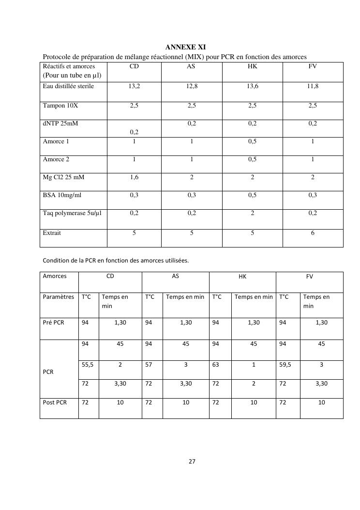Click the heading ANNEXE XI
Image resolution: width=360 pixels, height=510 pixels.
pyautogui.click(x=185, y=47)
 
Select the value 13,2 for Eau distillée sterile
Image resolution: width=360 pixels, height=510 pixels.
pyautogui.click(x=134, y=87)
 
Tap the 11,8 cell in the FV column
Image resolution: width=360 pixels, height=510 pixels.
pyautogui.click(x=313, y=87)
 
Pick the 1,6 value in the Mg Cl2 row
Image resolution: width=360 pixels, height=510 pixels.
pyautogui.click(x=134, y=177)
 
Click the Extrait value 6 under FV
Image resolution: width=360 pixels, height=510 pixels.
pyautogui.click(x=313, y=233)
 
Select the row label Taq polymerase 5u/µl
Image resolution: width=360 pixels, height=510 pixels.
pyautogui.click(x=73, y=213)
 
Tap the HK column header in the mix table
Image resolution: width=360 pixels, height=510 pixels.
pyautogui.click(x=252, y=66)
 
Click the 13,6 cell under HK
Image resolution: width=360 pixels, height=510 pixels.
pyautogui.click(x=252, y=87)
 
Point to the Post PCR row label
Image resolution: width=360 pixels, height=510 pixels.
pyautogui.click(x=55, y=402)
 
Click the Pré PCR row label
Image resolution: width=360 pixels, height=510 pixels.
pyautogui.click(x=54, y=323)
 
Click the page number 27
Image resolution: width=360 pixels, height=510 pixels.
pyautogui.click(x=192, y=462)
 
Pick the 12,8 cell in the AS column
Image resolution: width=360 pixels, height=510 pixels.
pyautogui.click(x=192, y=87)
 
